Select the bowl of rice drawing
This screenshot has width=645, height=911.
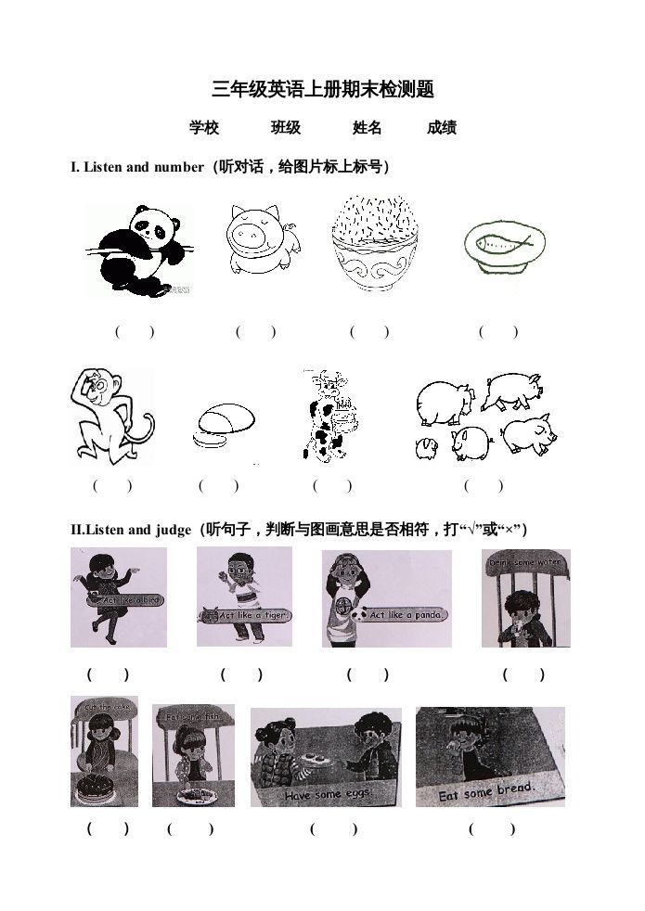pos(372,243)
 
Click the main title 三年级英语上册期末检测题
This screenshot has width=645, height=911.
pos(323,90)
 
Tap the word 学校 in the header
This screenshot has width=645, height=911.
pos(204,128)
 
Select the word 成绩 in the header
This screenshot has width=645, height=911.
pos(442,128)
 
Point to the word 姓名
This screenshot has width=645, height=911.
pos(368,128)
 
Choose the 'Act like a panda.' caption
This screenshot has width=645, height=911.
pos(406,614)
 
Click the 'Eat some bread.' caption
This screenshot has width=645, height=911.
pos(488,791)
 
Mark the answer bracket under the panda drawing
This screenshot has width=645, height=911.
pos(135,331)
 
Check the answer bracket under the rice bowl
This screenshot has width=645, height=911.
pos(369,331)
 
